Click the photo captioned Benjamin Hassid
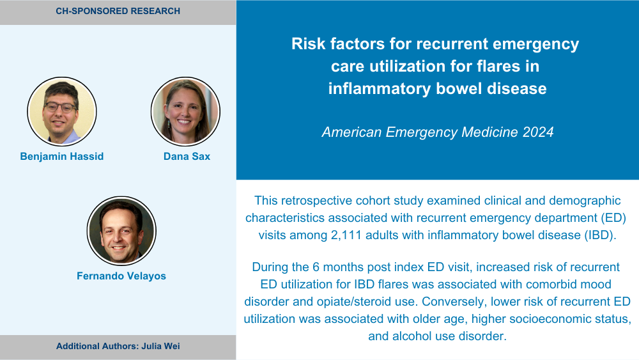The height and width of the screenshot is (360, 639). click(x=62, y=111)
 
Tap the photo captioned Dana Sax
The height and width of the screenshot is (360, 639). click(x=185, y=111)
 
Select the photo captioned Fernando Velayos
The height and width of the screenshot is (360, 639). click(x=121, y=231)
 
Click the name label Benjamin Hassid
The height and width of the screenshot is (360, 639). click(x=62, y=157)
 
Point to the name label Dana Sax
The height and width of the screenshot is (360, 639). click(x=187, y=157)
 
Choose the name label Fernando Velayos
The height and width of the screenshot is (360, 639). click(x=121, y=276)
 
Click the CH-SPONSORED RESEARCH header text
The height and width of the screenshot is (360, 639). click(x=118, y=11)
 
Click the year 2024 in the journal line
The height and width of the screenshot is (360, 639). click(x=538, y=132)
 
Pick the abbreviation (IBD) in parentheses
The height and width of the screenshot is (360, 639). click(x=599, y=235)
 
